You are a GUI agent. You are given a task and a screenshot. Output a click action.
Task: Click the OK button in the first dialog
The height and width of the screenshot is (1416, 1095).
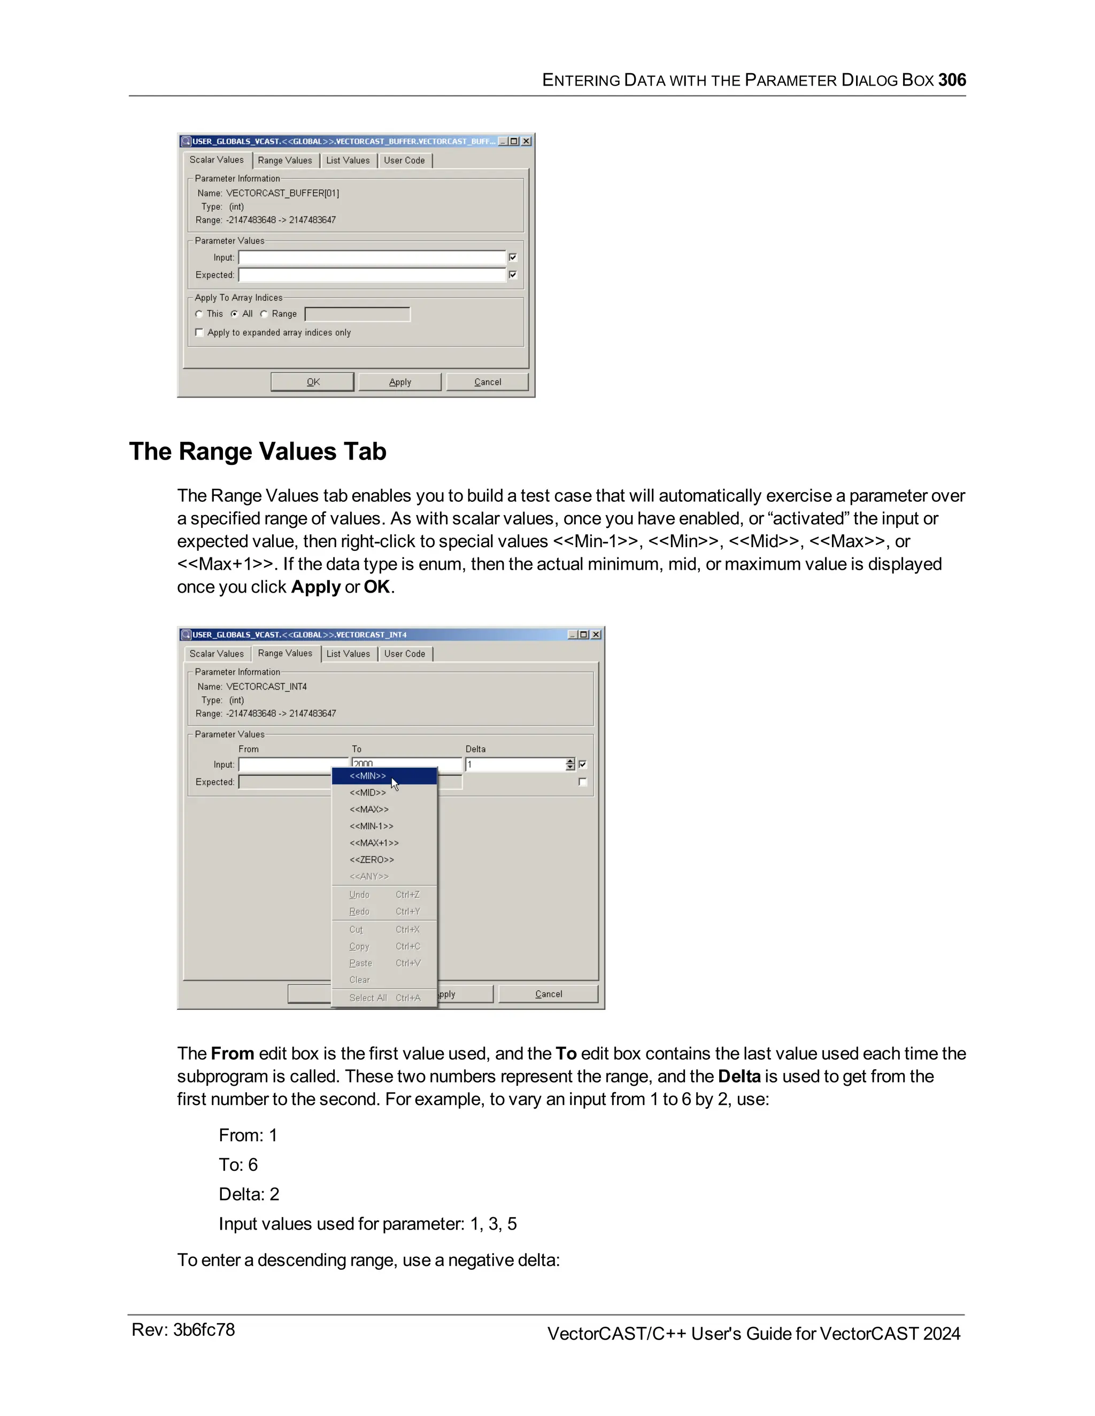click(x=313, y=382)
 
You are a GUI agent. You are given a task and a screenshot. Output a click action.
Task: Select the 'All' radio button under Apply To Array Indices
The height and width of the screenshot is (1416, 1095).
click(x=235, y=314)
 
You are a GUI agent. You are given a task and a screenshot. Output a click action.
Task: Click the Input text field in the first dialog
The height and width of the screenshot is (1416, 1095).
click(x=372, y=258)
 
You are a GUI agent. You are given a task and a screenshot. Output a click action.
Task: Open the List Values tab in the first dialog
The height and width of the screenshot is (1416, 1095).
click(x=348, y=160)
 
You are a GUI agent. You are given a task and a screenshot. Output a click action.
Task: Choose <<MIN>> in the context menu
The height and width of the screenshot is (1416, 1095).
click(x=368, y=776)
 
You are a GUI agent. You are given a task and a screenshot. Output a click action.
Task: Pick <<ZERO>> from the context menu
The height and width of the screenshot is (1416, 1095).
click(x=372, y=860)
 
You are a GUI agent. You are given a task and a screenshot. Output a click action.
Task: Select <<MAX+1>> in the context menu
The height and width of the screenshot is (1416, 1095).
click(x=374, y=843)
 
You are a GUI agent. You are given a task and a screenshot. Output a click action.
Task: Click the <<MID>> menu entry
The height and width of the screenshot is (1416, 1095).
click(x=368, y=792)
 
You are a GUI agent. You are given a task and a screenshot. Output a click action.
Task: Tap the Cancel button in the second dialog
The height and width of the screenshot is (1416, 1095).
click(x=548, y=994)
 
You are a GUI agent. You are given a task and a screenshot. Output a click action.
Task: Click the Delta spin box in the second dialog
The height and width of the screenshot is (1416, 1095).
click(x=516, y=765)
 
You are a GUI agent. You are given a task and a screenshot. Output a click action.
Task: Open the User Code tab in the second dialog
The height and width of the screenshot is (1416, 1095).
click(x=405, y=653)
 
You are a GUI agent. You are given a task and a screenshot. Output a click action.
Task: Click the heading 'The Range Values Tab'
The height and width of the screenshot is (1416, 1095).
click(x=258, y=452)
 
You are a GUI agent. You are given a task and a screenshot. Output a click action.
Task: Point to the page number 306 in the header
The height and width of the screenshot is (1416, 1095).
click(x=952, y=80)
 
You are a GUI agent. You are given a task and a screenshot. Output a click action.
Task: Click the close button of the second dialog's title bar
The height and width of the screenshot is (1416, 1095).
click(x=596, y=634)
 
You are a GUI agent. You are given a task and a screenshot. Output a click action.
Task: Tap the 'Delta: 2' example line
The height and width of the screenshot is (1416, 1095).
click(x=249, y=1194)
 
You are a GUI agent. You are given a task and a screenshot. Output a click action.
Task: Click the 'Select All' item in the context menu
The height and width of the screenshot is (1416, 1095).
click(x=368, y=998)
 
